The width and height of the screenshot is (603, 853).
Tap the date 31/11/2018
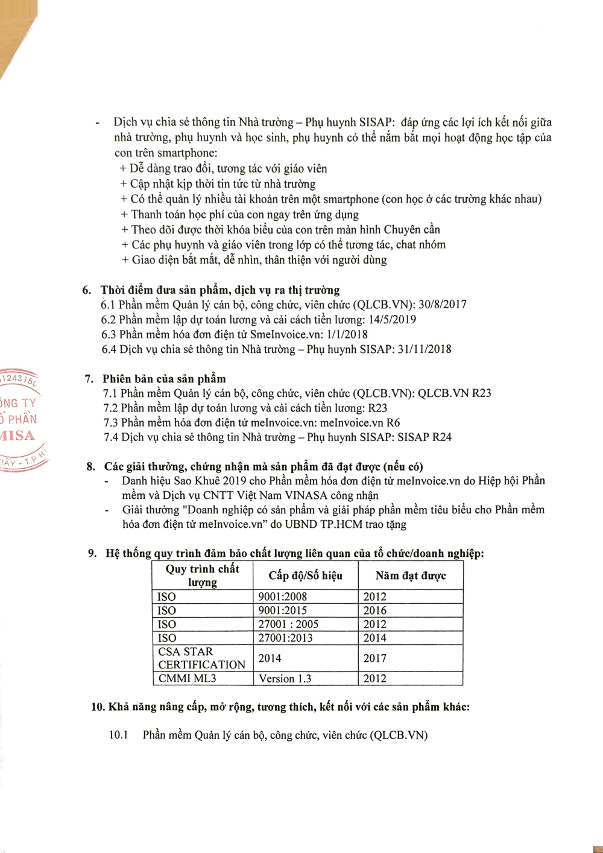[425, 349]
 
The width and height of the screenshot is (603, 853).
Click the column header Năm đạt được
[411, 576]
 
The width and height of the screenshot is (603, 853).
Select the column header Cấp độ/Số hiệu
[305, 576]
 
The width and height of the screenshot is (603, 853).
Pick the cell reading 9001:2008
[283, 597]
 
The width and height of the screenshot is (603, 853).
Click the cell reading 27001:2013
[286, 638]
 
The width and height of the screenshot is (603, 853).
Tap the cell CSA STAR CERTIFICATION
[201, 658]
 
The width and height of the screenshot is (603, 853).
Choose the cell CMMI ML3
[187, 679]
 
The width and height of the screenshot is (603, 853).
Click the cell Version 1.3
[285, 679]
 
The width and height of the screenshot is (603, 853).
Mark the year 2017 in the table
[374, 658]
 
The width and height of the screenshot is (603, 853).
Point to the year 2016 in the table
[374, 610]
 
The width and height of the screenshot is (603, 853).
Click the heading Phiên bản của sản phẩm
[164, 379]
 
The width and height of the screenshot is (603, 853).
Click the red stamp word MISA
[18, 436]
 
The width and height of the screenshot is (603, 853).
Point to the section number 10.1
[119, 735]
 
